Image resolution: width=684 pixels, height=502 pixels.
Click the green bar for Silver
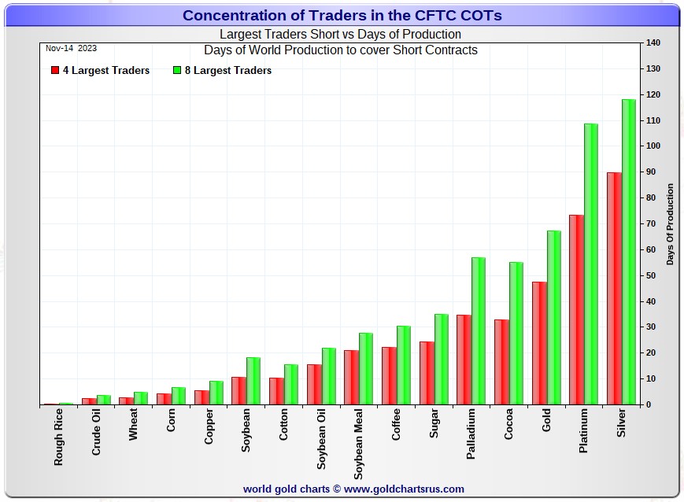(x=629, y=252)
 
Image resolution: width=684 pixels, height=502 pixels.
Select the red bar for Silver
(x=614, y=289)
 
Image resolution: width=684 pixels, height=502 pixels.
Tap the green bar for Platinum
(x=591, y=264)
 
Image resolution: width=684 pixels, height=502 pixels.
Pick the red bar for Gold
(x=539, y=343)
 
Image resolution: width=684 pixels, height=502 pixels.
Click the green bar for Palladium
(x=479, y=331)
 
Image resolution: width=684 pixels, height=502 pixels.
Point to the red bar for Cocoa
(x=501, y=362)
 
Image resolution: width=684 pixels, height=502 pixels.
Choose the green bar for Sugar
(x=442, y=360)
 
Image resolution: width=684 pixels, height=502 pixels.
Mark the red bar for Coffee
(x=389, y=376)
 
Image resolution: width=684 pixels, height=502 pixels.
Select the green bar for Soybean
(x=253, y=381)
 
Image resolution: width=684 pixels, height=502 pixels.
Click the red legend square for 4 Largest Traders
(x=55, y=70)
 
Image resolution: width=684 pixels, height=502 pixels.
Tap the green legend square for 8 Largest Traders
(x=176, y=70)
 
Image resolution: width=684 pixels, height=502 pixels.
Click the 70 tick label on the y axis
(x=651, y=223)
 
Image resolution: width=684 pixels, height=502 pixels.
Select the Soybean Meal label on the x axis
(x=358, y=444)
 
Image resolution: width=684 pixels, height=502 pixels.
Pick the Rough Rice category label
(x=58, y=437)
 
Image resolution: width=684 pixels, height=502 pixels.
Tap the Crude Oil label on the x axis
(x=96, y=432)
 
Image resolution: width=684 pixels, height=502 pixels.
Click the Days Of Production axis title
(x=670, y=224)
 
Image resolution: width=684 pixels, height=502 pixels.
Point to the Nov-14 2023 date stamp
(x=71, y=49)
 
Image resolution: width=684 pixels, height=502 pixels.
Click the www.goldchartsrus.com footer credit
(x=404, y=489)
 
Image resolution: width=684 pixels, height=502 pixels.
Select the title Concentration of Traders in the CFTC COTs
(x=342, y=15)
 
